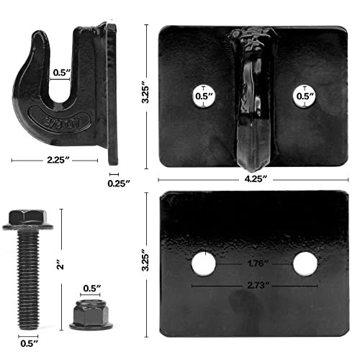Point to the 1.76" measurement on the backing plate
255,264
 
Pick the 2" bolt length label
66,266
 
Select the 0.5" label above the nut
91,288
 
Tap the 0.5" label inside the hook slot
61,72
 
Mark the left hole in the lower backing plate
204,264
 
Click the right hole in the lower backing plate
305,264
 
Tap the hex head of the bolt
27,219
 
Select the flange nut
91,314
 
